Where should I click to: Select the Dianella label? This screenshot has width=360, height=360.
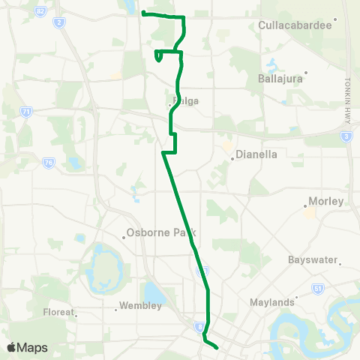256,156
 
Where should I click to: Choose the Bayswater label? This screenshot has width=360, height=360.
313,260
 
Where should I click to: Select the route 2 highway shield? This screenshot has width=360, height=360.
58,22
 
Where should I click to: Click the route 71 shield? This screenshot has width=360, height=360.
27,112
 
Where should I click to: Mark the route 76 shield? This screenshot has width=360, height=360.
49,163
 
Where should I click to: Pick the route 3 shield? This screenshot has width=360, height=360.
346,136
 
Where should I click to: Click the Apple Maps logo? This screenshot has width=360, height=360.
27,347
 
